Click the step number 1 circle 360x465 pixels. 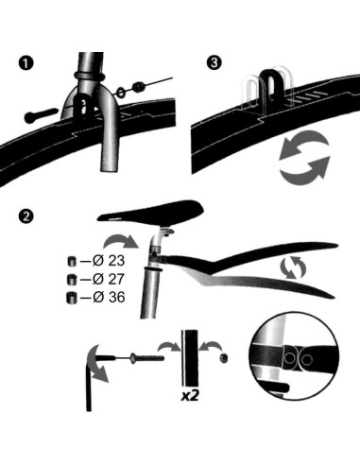[x=26, y=63]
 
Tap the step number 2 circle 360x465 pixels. [x=26, y=216]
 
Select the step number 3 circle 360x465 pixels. [x=214, y=62]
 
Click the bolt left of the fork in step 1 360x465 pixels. [x=42, y=115]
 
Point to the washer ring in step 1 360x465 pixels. [x=121, y=92]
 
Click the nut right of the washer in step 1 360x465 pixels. [x=139, y=87]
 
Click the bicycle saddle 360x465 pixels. [x=151, y=213]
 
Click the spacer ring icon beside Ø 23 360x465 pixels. [x=72, y=261]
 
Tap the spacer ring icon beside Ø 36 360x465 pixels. [x=72, y=298]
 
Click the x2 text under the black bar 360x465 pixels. [x=190, y=396]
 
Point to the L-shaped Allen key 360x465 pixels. [x=89, y=383]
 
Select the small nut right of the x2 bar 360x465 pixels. [x=224, y=358]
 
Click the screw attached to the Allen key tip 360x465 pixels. [x=146, y=357]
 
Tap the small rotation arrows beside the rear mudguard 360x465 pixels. [x=293, y=267]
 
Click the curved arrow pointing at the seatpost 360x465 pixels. [x=121, y=242]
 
